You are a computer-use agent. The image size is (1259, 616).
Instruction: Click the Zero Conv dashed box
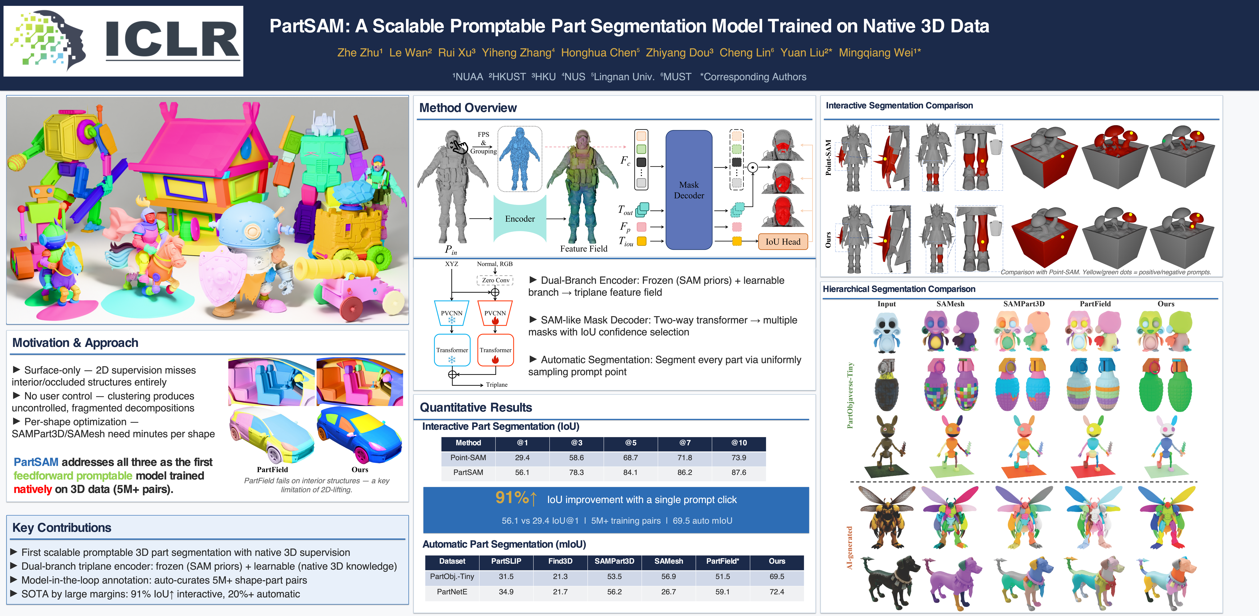coord(495,280)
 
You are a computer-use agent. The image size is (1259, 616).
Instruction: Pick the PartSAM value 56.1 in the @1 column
coord(522,472)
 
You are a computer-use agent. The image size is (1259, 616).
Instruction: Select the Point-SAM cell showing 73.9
coord(738,458)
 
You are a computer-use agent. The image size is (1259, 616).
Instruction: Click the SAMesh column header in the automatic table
coord(668,561)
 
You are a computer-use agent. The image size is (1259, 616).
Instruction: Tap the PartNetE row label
coord(452,592)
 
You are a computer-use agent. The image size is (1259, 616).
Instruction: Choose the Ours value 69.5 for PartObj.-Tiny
coord(777,576)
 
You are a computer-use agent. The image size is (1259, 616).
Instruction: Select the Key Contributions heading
coord(61,528)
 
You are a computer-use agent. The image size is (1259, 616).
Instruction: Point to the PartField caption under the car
coord(272,469)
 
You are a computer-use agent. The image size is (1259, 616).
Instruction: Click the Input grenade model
coord(886,385)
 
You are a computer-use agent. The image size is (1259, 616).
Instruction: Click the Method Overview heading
coord(468,108)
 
